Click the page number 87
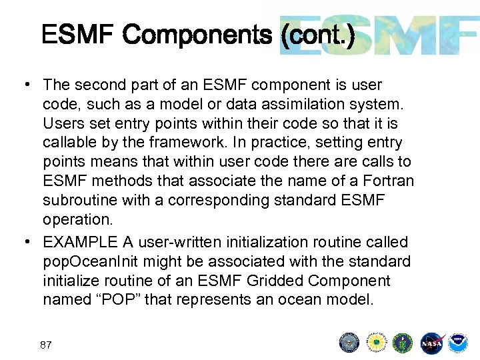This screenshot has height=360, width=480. [x=46, y=345]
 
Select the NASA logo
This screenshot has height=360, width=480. [x=431, y=343]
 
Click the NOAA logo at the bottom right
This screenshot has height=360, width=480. [x=458, y=343]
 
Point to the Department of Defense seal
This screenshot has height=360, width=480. [x=349, y=343]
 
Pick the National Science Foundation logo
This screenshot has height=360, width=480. [x=377, y=343]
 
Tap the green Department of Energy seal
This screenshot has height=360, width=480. [x=403, y=343]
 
